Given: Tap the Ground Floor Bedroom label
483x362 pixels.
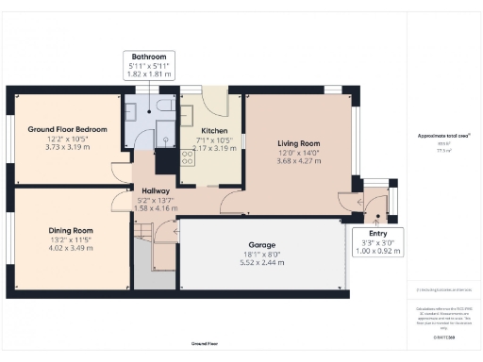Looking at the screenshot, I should [67, 129].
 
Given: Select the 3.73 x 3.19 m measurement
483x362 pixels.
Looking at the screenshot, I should [67, 147].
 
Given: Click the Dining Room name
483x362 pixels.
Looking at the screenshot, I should [72, 230].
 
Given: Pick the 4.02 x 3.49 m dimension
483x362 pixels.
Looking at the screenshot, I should [72, 248].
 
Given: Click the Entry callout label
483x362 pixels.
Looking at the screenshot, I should [376, 233].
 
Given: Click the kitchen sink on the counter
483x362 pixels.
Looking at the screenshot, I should [187, 116].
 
